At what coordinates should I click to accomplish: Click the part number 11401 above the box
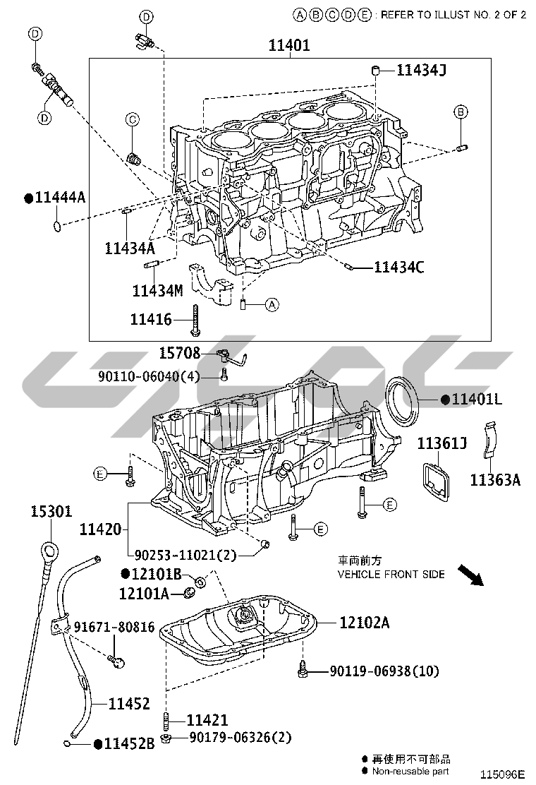tap(289, 47)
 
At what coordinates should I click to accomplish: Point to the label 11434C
tap(398, 267)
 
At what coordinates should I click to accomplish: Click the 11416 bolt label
tap(151, 319)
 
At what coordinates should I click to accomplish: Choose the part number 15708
tap(179, 353)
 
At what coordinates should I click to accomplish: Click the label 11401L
tap(477, 400)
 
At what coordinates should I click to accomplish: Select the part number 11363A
tap(495, 480)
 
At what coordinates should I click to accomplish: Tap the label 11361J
tap(442, 443)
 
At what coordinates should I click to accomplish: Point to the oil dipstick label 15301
tap(51, 511)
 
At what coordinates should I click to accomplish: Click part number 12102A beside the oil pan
tap(364, 623)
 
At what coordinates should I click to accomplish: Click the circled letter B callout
tap(460, 112)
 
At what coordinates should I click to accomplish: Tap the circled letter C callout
tap(132, 120)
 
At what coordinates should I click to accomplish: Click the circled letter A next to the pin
tap(272, 305)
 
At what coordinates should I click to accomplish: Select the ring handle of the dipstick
tap(47, 550)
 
